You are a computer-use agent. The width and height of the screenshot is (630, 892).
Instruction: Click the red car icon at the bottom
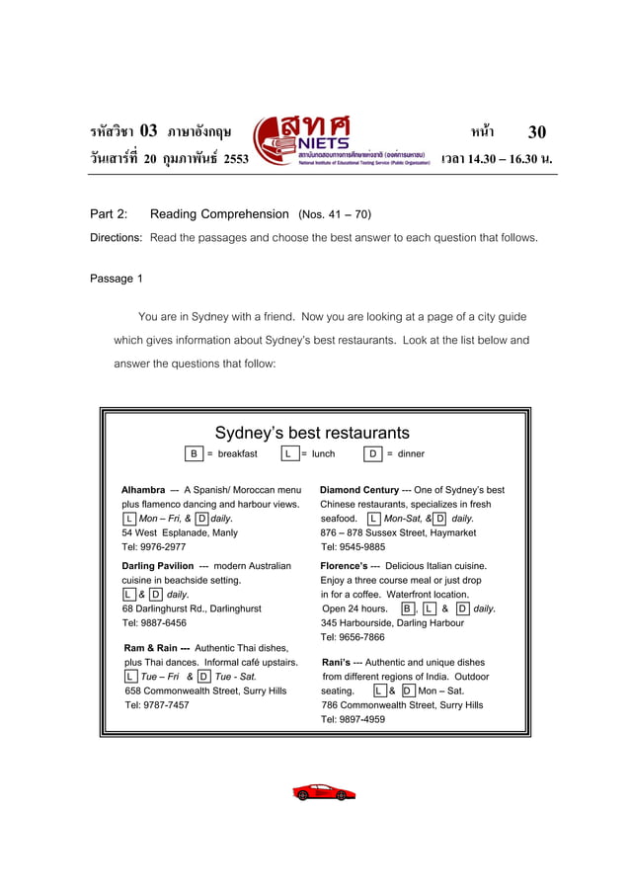[x=324, y=792]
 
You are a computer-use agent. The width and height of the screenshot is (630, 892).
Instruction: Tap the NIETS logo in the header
[x=341, y=141]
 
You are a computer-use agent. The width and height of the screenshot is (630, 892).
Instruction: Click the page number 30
[x=536, y=132]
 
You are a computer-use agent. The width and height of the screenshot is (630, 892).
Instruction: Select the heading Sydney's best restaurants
[x=312, y=433]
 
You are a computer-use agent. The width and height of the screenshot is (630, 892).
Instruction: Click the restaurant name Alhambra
[x=143, y=490]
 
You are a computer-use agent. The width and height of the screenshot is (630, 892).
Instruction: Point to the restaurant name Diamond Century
[x=359, y=490]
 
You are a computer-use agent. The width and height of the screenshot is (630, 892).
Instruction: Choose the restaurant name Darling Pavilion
[x=158, y=566]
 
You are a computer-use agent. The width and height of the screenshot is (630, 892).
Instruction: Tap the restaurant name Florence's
[x=342, y=566]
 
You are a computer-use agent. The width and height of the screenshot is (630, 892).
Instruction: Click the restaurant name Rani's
[x=337, y=663]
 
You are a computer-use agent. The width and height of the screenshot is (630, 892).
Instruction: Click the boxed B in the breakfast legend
[x=195, y=454]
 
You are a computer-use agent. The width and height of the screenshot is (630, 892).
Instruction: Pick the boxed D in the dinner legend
[x=373, y=454]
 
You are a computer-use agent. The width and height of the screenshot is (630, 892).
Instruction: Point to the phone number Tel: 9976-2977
[x=153, y=546]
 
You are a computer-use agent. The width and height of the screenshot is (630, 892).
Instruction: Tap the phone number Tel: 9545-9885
[x=353, y=546]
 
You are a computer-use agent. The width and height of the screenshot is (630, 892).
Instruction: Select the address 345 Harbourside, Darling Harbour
[x=392, y=623]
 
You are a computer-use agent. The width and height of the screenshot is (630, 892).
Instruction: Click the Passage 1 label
[x=117, y=279]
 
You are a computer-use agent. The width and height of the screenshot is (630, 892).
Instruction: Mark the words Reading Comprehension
[x=219, y=214]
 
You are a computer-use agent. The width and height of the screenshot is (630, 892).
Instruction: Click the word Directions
[x=117, y=238]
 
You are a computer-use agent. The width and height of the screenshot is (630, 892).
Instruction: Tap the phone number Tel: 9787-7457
[x=156, y=705]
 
